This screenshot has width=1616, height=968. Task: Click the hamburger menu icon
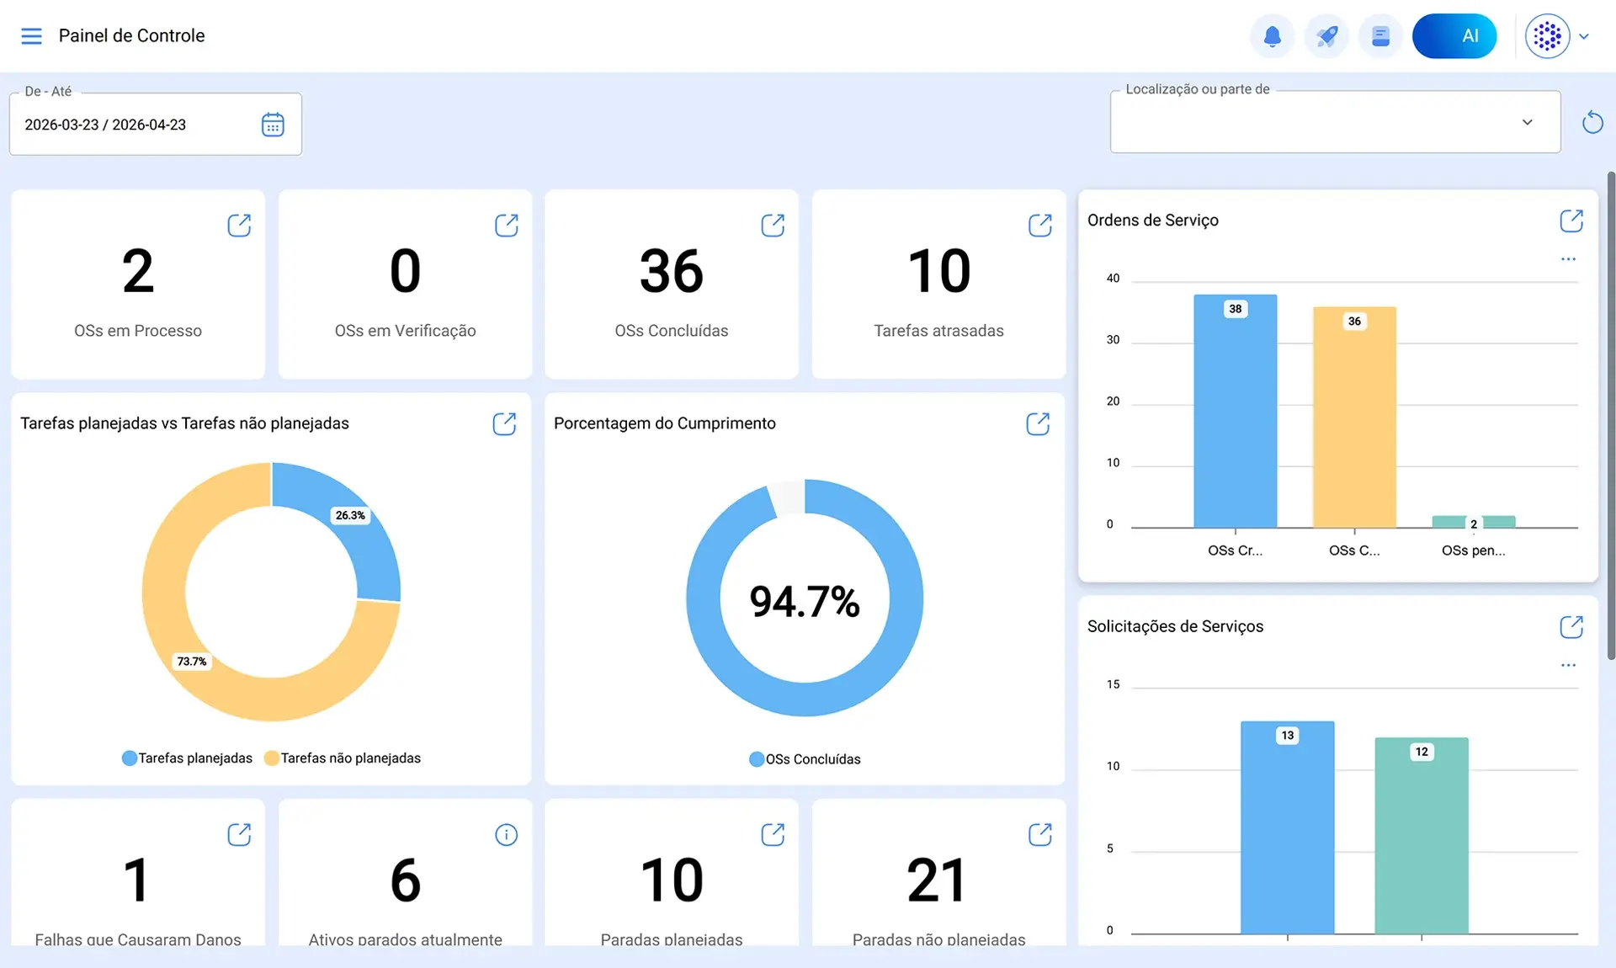coord(31,36)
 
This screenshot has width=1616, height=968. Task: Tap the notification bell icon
coord(1272,36)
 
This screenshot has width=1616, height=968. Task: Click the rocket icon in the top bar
coord(1326,36)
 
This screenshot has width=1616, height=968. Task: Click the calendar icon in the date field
coord(273,125)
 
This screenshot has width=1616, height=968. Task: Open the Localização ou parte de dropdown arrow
coord(1527,122)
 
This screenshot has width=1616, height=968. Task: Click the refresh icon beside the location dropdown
coord(1592,122)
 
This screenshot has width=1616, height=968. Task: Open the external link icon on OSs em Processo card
coord(239,225)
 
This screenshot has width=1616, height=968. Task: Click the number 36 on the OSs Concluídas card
coord(671,271)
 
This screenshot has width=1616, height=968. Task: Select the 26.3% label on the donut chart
coord(350,515)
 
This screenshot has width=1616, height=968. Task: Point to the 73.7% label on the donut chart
coord(192,662)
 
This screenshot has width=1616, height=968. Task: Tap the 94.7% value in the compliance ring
coord(805,602)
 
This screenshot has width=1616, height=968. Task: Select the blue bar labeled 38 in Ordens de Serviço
coord(1235,411)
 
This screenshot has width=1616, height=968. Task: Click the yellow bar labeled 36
coord(1354,418)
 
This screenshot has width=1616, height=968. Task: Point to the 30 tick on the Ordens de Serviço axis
coord(1113,340)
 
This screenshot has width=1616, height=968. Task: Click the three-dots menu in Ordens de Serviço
coord(1568,259)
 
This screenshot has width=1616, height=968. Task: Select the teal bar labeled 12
coord(1422,836)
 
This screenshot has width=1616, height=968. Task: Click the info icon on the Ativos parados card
coord(506,835)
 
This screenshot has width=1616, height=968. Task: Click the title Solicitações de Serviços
coord(1175,626)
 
